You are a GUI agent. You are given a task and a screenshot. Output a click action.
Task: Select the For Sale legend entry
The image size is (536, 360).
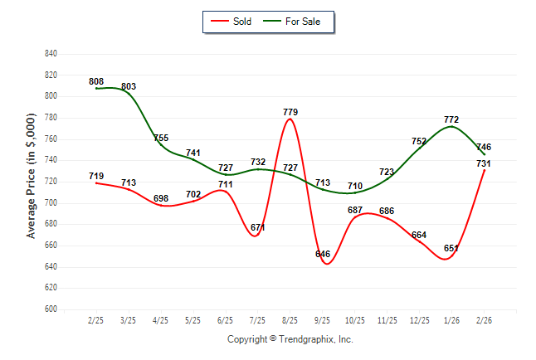click(x=296, y=22)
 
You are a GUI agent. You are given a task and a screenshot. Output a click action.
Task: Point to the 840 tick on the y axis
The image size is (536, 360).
click(x=51, y=54)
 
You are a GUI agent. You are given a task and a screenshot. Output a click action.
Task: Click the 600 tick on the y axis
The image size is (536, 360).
click(x=51, y=309)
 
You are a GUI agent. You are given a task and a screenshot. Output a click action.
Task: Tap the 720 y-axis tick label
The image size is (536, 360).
click(x=51, y=182)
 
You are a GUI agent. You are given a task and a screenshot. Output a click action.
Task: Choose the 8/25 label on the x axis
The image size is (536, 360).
click(x=290, y=321)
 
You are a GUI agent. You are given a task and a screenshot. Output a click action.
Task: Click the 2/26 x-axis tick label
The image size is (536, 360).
click(x=485, y=321)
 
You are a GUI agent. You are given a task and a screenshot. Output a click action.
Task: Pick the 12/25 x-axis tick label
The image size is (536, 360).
click(x=420, y=321)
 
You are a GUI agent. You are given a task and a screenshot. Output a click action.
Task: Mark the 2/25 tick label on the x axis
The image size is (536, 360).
click(x=96, y=321)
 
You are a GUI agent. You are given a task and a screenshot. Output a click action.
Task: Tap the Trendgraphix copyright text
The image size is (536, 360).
click(x=290, y=339)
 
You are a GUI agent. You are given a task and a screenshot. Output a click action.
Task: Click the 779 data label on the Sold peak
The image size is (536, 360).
click(x=290, y=112)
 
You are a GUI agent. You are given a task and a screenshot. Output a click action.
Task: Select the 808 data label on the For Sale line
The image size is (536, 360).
click(x=96, y=81)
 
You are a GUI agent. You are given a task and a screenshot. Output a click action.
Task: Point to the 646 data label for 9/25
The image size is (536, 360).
click(x=323, y=254)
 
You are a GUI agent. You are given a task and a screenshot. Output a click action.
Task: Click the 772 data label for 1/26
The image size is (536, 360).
click(x=451, y=119)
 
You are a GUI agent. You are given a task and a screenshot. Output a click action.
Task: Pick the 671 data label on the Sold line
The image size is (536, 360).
click(x=258, y=227)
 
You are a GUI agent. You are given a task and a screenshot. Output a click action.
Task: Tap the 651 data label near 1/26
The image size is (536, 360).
click(x=451, y=248)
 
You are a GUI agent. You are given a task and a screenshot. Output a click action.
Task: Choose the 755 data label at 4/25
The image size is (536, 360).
click(x=161, y=139)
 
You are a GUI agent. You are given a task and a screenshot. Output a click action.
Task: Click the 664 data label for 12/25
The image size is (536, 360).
click(x=419, y=235)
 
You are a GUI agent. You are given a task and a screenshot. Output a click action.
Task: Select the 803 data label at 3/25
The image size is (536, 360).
click(x=129, y=86)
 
